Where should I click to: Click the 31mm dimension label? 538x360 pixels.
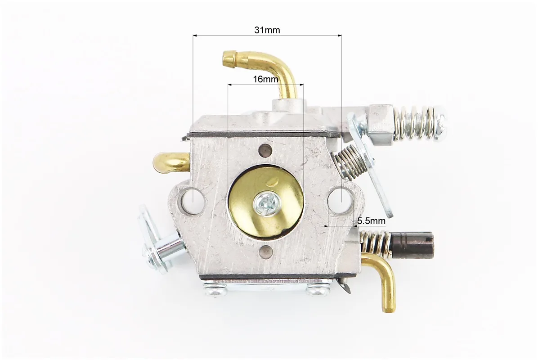click(x=267, y=30)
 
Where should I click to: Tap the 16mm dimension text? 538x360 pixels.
click(x=265, y=79)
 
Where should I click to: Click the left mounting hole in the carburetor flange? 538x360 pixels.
click(x=193, y=199)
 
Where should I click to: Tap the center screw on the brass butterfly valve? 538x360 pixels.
click(x=267, y=205)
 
